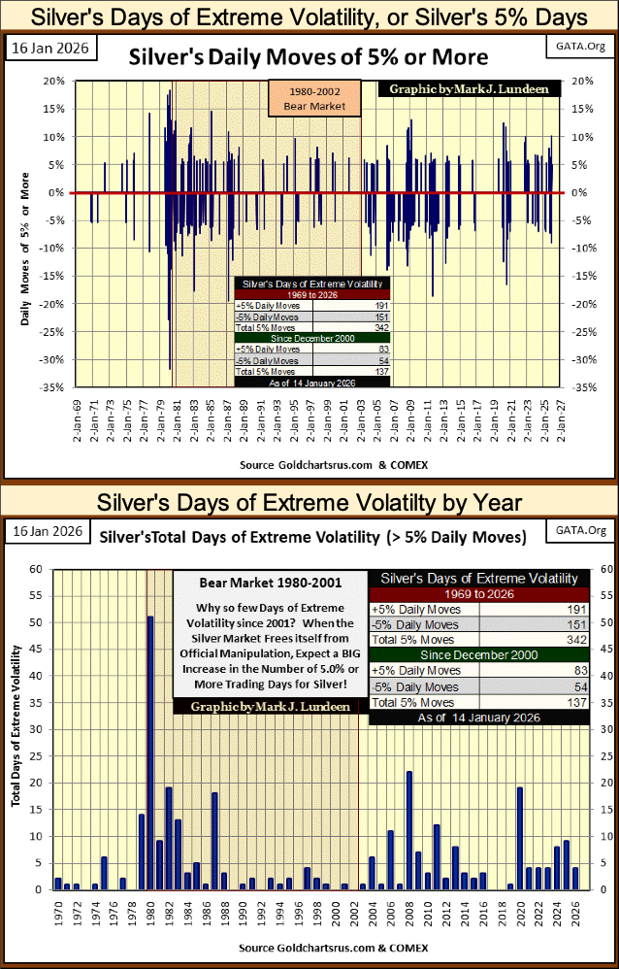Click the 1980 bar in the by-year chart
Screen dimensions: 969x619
click(x=150, y=752)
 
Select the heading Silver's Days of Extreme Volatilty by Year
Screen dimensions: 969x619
click(x=309, y=503)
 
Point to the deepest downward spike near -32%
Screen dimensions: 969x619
click(x=170, y=368)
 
